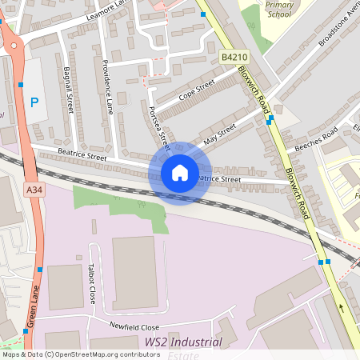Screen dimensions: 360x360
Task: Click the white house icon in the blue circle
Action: pos(180,173)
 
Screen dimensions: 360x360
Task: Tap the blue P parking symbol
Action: pos(34,102)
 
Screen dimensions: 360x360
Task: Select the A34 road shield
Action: pos(34,190)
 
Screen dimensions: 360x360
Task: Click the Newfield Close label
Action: pos(134,327)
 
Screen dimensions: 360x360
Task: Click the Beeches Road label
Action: pos(316,138)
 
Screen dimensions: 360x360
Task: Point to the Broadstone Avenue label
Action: pos(335,29)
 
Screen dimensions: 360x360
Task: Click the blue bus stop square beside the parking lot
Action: pos(21,83)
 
